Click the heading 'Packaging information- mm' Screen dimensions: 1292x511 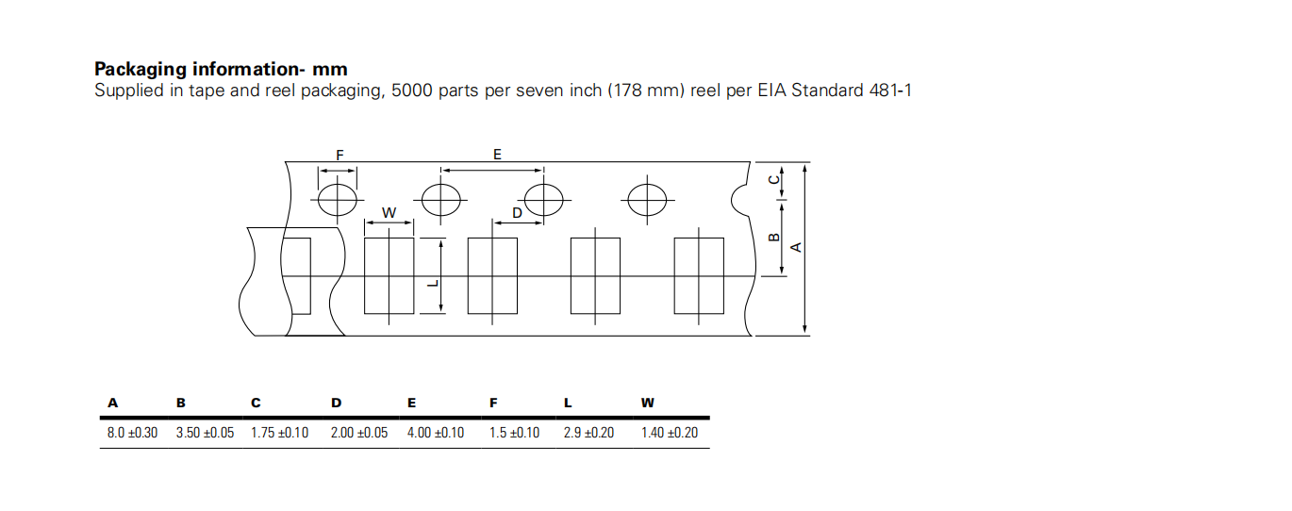click(221, 70)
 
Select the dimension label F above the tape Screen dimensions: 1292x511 click(340, 156)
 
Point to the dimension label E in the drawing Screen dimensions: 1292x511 click(497, 154)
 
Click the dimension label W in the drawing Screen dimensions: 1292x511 click(389, 213)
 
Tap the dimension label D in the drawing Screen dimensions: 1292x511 click(518, 213)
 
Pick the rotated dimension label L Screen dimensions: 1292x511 click(435, 283)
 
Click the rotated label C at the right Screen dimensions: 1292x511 click(774, 179)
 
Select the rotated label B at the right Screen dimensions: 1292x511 click(774, 237)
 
